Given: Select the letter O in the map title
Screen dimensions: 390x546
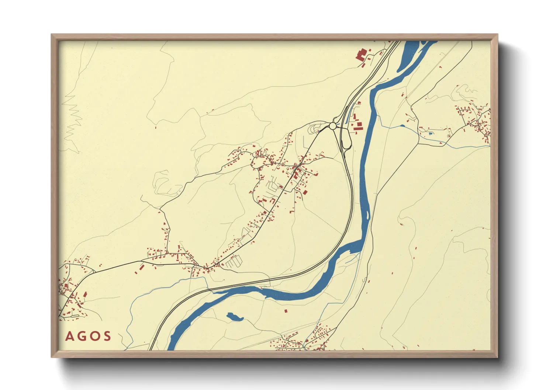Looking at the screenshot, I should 94,337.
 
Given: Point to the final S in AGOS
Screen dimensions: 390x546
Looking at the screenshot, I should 107,337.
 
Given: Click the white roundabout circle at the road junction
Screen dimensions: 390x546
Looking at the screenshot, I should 332,126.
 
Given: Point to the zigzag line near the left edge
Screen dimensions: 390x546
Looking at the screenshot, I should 74,118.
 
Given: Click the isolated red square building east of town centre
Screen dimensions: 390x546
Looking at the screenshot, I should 305,192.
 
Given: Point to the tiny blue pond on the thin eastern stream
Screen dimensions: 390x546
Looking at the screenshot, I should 402,126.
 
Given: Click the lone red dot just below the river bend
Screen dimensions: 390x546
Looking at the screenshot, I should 285,311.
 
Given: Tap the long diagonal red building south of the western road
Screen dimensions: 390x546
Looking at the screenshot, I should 141,267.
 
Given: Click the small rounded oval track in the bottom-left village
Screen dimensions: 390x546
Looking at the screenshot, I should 75,316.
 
